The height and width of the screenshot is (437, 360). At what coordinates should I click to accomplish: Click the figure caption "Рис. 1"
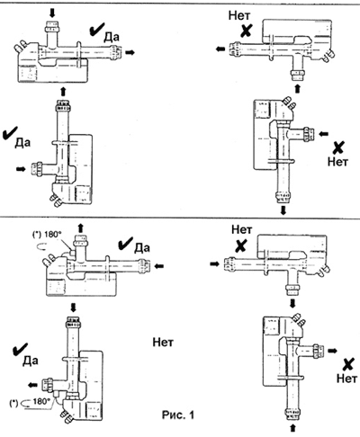178,415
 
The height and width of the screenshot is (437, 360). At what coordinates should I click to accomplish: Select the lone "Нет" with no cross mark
163,342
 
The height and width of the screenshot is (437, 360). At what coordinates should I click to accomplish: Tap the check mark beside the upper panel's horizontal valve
96,30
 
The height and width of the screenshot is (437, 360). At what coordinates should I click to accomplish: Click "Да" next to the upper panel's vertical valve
22,143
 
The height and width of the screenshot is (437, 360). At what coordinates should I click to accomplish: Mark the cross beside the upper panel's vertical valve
338,147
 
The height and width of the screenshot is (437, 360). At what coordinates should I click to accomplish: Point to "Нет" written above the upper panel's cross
239,15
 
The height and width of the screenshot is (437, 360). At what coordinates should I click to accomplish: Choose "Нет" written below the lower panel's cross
346,378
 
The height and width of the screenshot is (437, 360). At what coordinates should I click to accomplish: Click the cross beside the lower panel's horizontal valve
240,245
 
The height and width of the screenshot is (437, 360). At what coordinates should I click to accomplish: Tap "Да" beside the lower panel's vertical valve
31,361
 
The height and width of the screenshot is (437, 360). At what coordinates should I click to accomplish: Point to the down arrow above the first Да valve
52,13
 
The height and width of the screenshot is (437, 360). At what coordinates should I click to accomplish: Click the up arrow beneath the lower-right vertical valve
292,428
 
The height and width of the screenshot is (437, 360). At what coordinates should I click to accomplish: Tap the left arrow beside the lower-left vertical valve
32,385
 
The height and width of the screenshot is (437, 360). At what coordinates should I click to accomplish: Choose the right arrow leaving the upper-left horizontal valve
130,52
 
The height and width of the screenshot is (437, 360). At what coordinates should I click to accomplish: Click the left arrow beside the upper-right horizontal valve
220,49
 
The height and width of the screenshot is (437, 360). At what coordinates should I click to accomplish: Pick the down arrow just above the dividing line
283,210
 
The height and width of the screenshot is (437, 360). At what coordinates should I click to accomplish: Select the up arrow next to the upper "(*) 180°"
80,227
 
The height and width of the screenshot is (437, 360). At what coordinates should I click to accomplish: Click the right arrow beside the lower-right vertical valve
333,351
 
